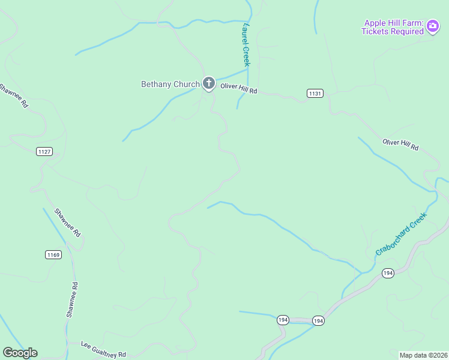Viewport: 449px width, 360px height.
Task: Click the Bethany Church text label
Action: tap(170, 84)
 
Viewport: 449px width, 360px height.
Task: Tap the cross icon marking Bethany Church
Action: tap(208, 83)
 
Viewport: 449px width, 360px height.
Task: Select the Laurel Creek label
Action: tap(245, 44)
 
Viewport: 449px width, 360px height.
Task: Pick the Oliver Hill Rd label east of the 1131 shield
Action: tap(400, 144)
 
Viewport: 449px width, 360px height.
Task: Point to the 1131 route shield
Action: tap(315, 93)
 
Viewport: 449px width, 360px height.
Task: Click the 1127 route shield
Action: tap(44, 151)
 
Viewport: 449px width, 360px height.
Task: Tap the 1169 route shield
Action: tap(53, 255)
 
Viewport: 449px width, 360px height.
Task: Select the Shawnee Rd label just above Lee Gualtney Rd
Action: tap(72, 299)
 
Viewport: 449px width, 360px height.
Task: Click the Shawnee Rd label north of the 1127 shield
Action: tap(14, 95)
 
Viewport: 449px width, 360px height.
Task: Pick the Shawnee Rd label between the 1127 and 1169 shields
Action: tap(67, 222)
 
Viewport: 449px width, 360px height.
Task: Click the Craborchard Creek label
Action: tap(401, 233)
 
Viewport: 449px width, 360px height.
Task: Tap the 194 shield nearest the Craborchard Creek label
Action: tap(388, 273)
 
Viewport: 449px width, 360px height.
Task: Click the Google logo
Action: tap(20, 353)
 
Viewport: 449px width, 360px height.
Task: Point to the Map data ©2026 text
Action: tap(423, 355)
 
